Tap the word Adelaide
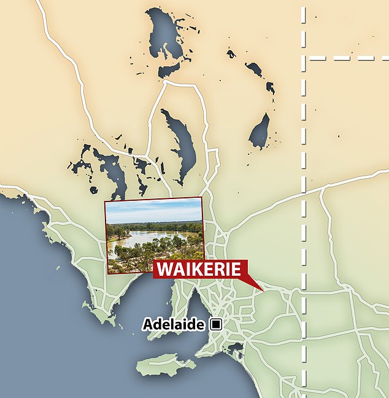[x=174, y=324]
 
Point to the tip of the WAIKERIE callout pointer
[x=263, y=289]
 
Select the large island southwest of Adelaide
[x=166, y=365]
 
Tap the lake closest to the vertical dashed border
[x=260, y=131]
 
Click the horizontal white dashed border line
[x=350, y=58]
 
